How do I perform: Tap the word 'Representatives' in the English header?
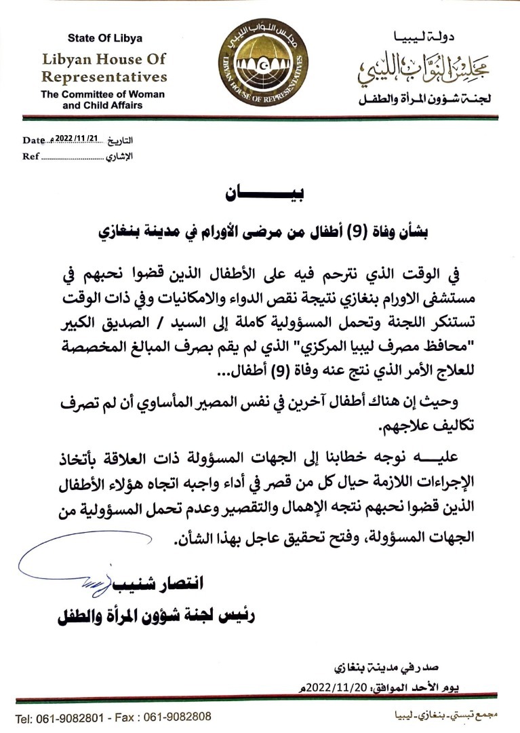104,76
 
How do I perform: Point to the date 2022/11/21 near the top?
77,138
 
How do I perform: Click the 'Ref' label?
31,157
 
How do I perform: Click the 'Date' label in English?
33,140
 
